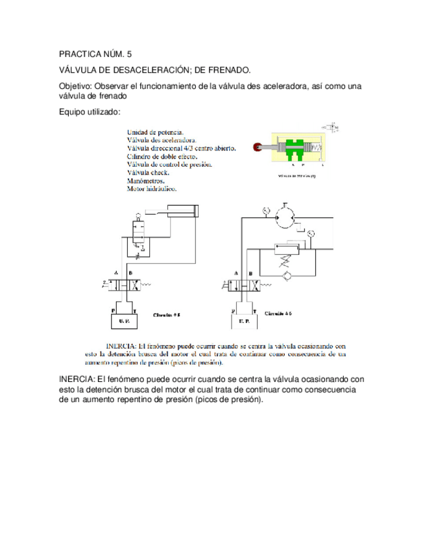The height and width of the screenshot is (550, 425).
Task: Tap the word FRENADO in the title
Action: click(x=225, y=70)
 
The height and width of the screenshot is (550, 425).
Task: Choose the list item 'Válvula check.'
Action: click(x=149, y=173)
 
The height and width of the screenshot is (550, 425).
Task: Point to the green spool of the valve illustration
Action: click(x=293, y=149)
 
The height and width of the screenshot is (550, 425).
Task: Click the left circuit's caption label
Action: click(x=166, y=315)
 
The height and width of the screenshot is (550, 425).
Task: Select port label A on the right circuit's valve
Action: click(x=235, y=272)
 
